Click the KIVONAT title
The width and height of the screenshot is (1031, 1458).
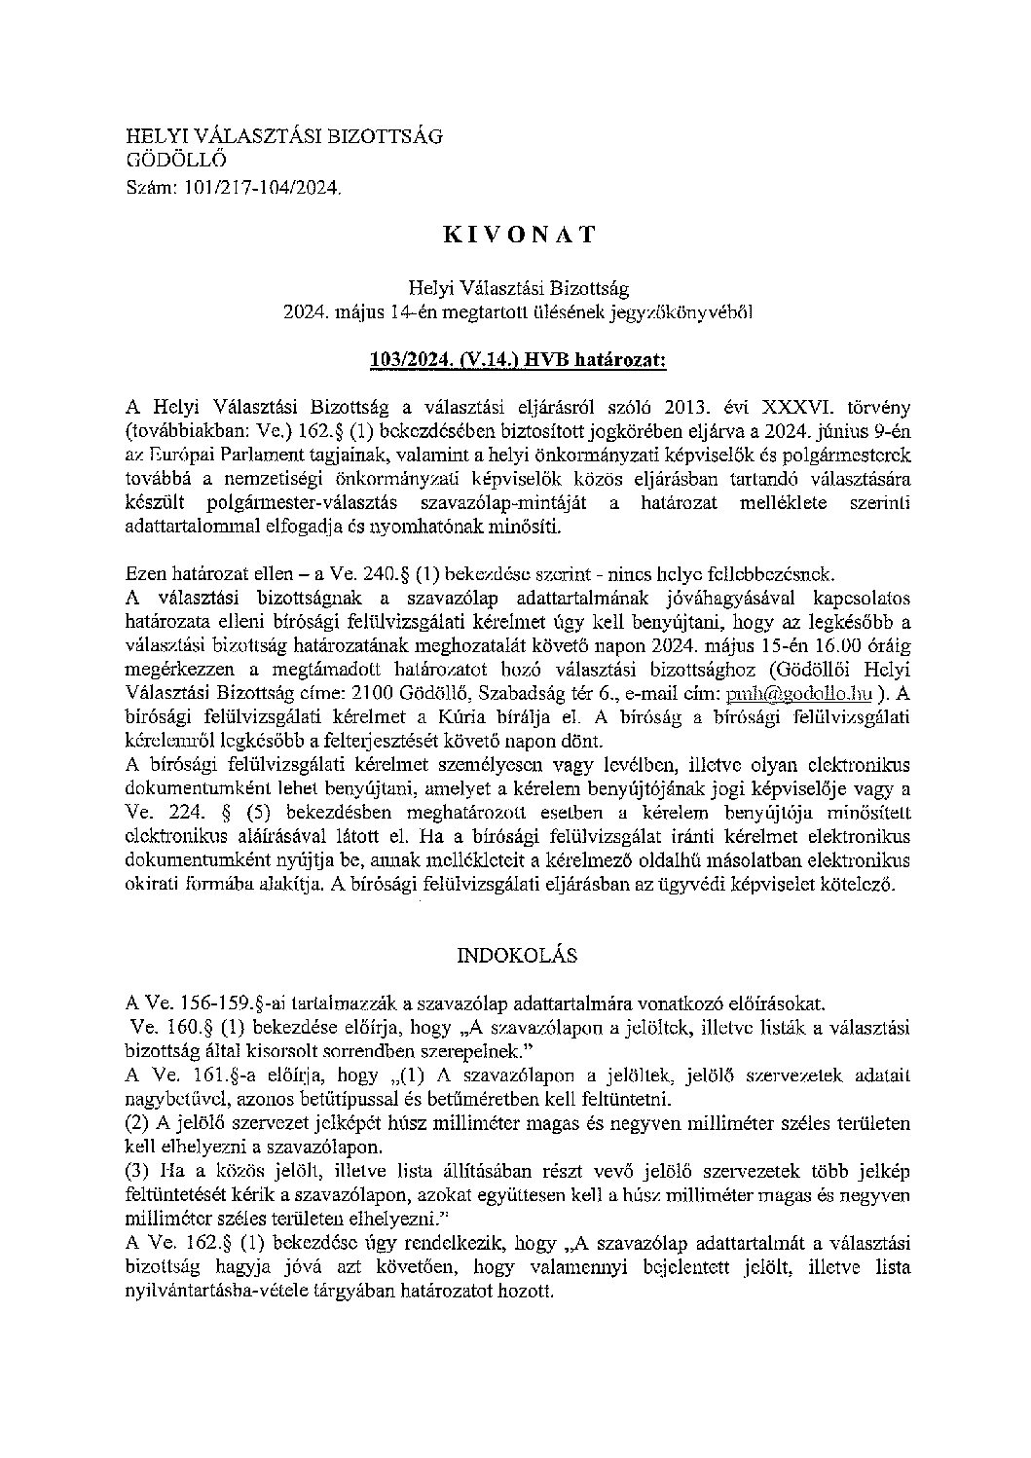518,236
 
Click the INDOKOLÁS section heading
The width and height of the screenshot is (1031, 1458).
517,955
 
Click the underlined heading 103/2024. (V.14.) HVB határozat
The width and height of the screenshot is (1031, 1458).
518,360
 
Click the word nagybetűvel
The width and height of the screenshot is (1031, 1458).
174,1098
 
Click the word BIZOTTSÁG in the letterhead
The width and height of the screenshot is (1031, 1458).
384,136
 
